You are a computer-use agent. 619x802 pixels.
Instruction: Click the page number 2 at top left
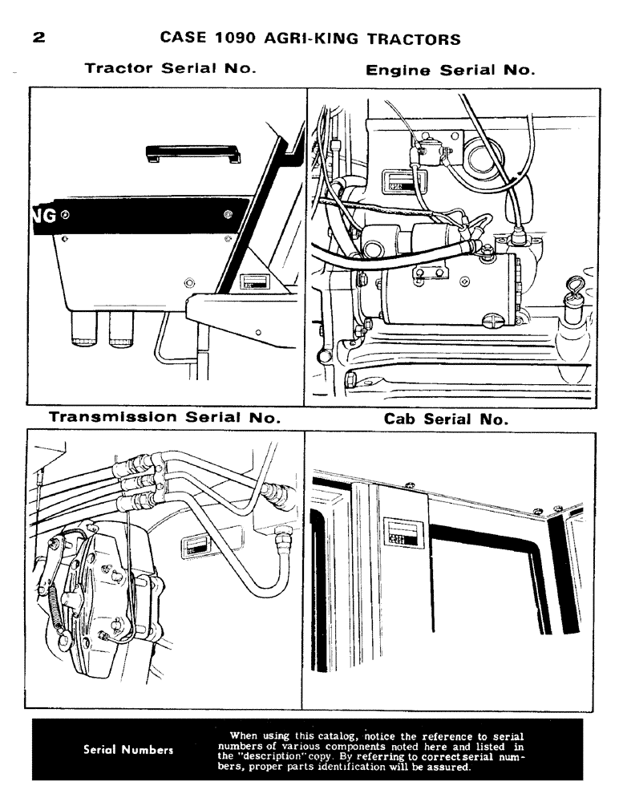[38, 38]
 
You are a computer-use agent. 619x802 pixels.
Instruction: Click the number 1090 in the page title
[230, 38]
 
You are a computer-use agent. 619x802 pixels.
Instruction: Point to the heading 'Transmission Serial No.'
[164, 418]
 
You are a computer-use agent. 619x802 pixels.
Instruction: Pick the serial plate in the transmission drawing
[195, 547]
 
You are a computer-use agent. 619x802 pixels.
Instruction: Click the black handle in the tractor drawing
[192, 153]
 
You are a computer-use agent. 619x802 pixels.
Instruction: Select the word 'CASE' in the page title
[180, 38]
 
